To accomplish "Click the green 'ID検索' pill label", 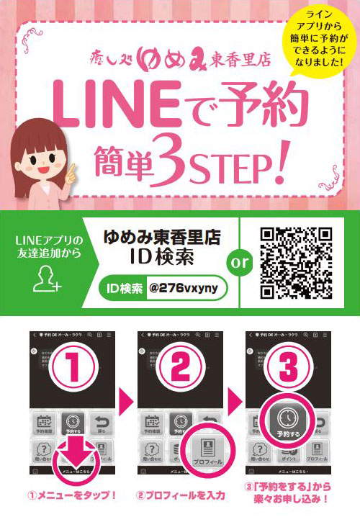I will click(123, 289).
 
